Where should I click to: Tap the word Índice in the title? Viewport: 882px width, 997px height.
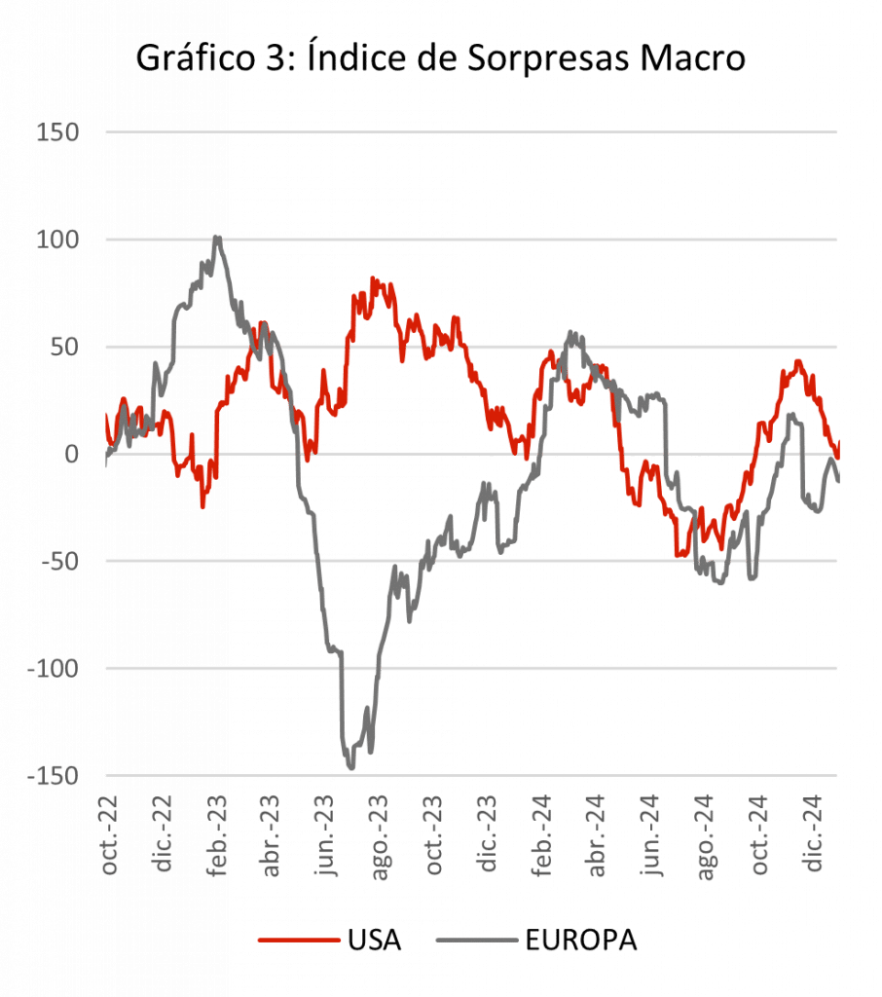pyautogui.click(x=364, y=58)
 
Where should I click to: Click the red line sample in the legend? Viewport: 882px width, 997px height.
pyautogui.click(x=298, y=941)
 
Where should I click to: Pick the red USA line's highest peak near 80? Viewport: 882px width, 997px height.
pyautogui.click(x=375, y=280)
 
